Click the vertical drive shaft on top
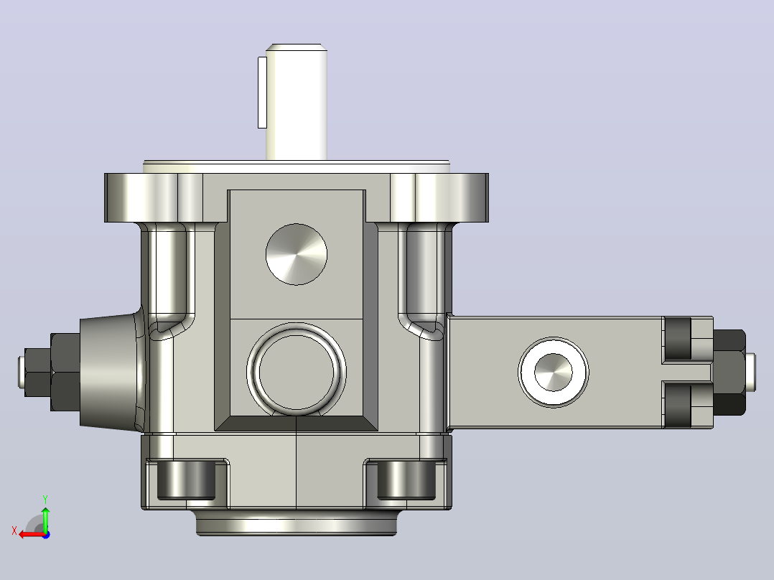[296, 102]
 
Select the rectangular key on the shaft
[262, 93]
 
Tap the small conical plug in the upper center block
[296, 254]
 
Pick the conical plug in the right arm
[554, 372]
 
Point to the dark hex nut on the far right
[729, 372]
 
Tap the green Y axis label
[45, 499]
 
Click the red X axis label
[14, 530]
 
